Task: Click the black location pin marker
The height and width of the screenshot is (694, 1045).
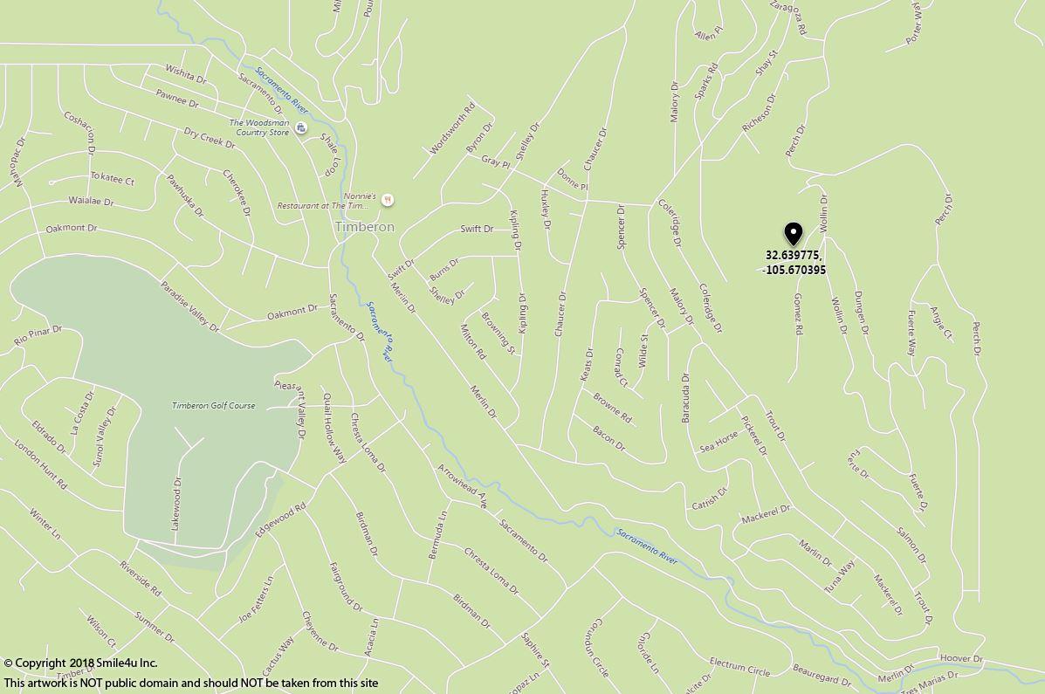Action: point(793,233)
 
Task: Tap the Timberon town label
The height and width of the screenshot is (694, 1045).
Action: point(364,227)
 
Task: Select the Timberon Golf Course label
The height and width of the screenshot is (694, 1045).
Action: point(213,406)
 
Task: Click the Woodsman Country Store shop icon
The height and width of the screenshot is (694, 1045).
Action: point(301,128)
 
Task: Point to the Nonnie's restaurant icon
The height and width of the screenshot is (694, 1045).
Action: point(388,200)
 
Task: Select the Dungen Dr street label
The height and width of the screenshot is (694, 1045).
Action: point(861,313)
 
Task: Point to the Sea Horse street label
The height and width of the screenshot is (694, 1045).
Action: point(718,443)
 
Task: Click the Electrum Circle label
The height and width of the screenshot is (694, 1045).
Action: point(739,667)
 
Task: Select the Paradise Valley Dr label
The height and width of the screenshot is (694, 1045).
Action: point(189,306)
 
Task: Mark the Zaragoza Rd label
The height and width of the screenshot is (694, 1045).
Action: point(787,17)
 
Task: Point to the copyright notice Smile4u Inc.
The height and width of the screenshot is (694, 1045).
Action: point(80,663)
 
